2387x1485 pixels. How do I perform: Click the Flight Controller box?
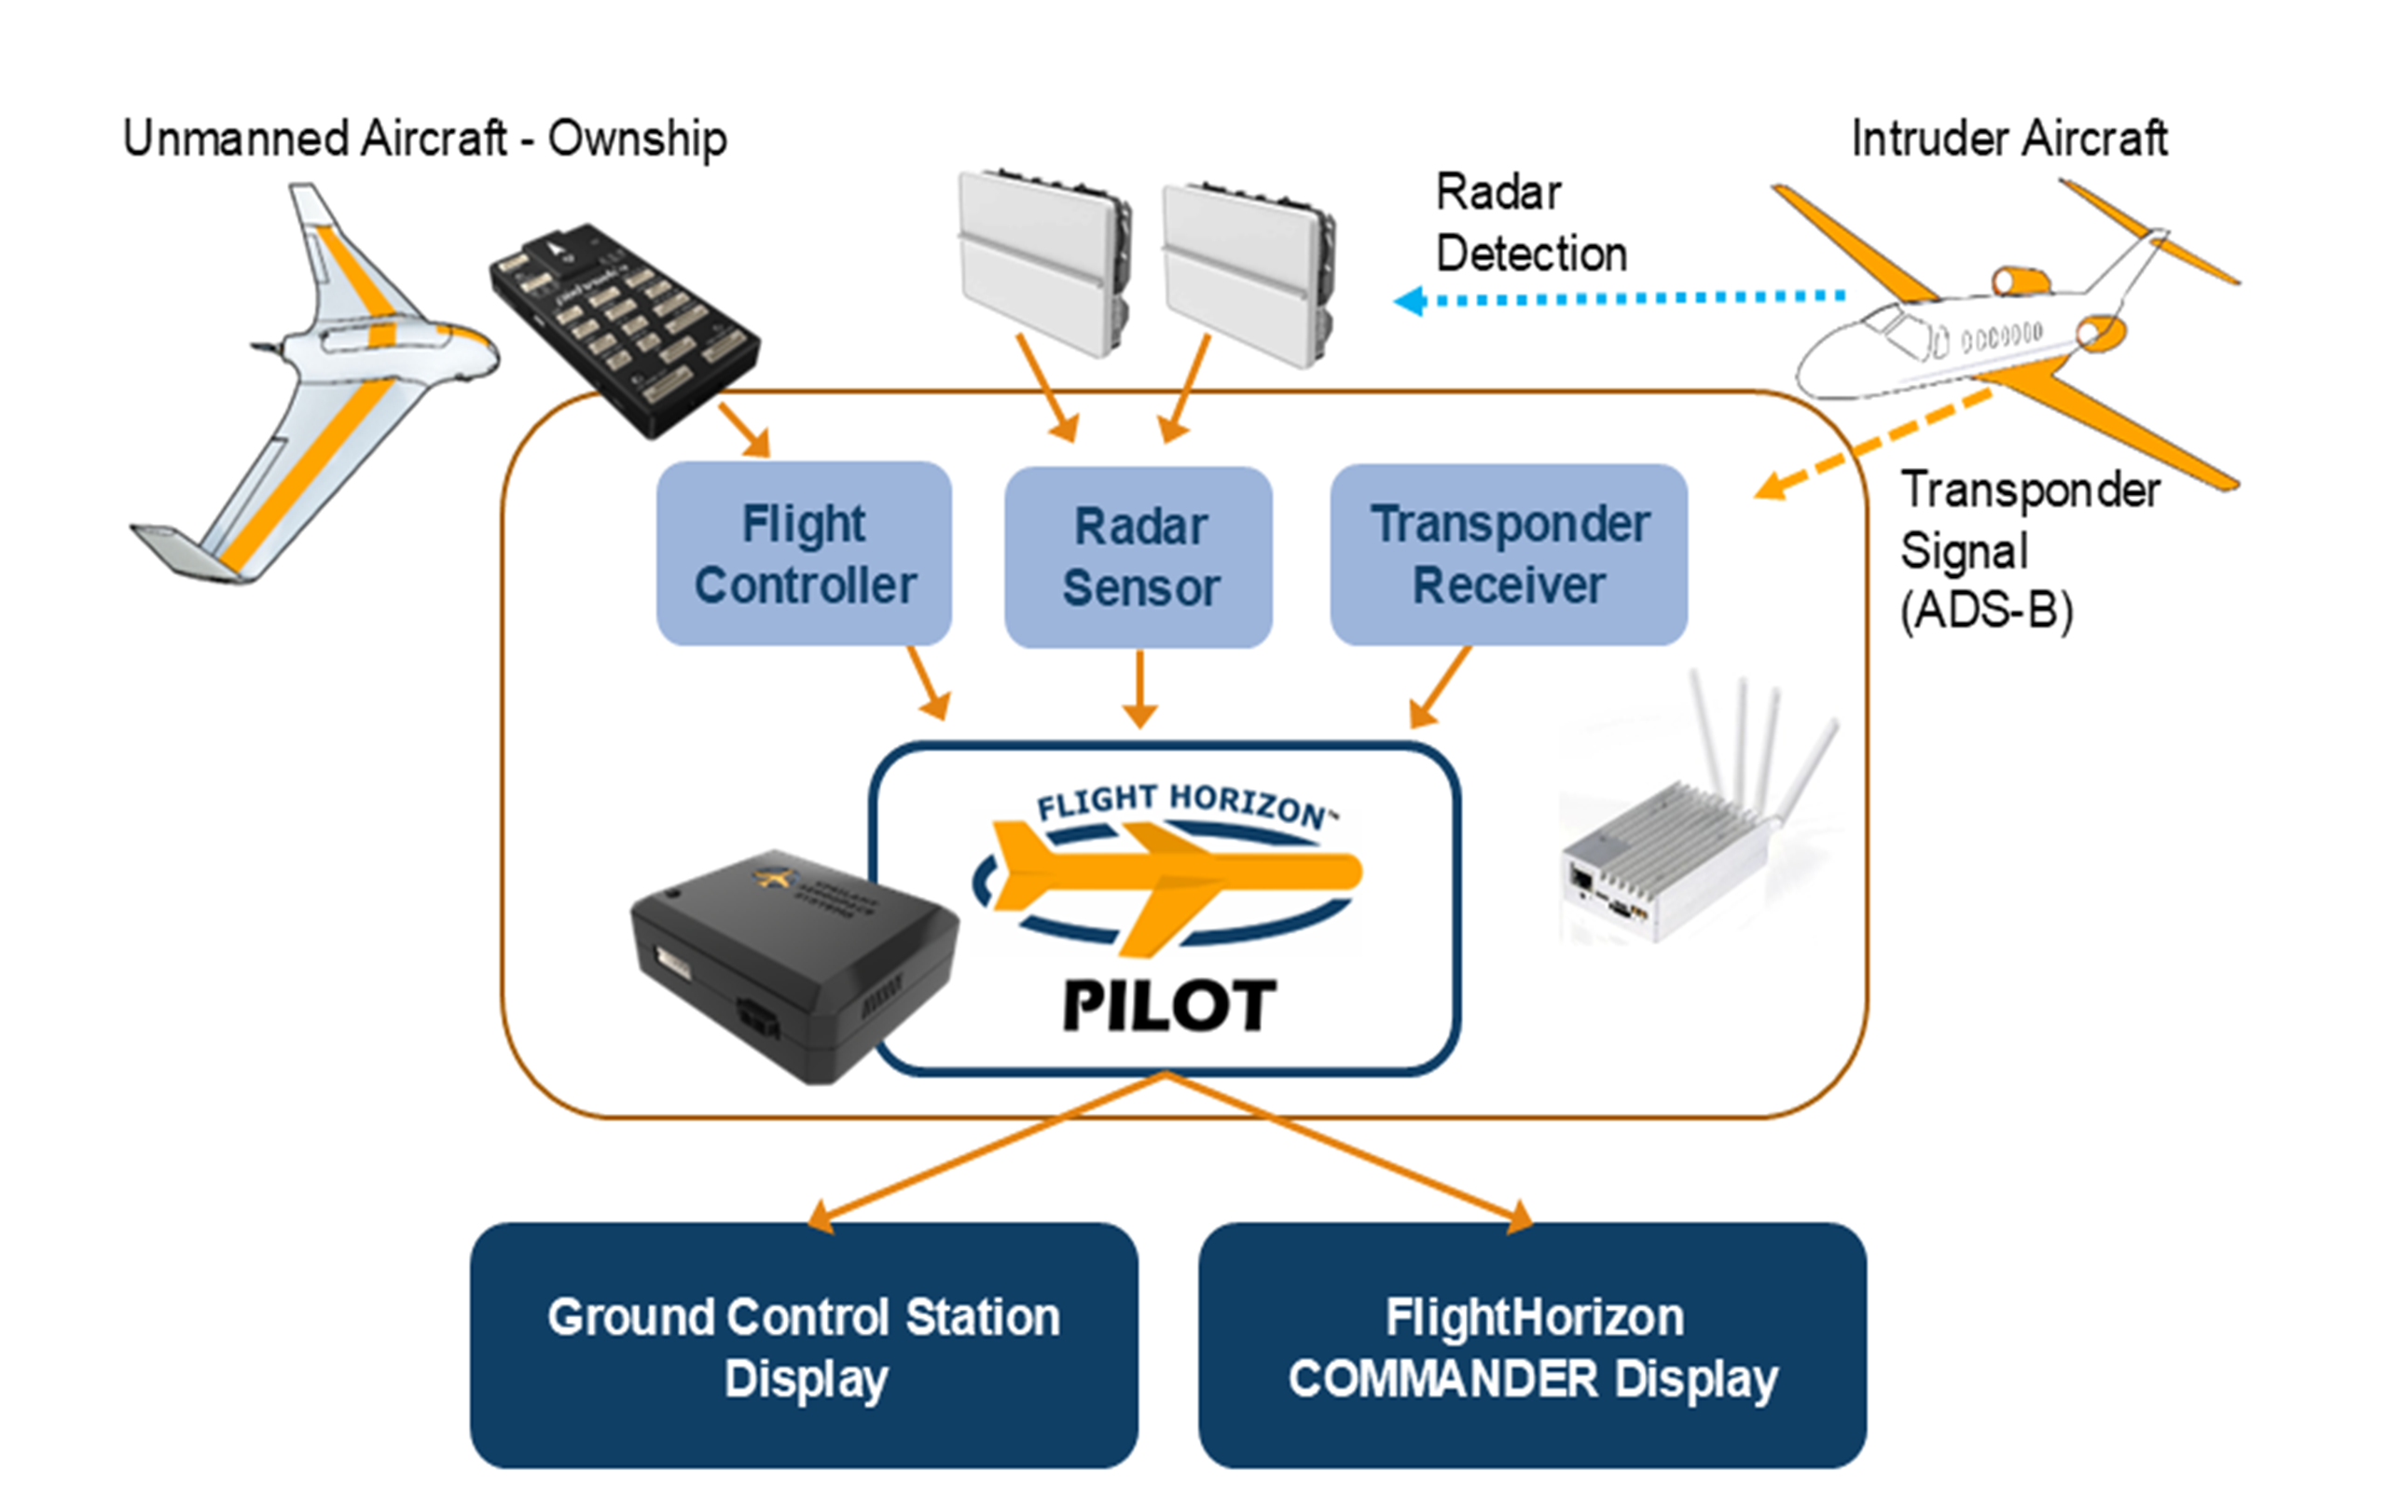pyautogui.click(x=804, y=553)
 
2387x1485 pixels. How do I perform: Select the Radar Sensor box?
pyautogui.click(x=1138, y=556)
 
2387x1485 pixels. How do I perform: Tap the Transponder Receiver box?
pyautogui.click(x=1509, y=554)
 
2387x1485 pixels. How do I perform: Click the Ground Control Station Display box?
pyautogui.click(x=804, y=1345)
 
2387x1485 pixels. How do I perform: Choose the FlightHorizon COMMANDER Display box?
pyautogui.click(x=1532, y=1345)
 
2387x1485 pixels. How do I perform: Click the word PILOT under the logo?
pyautogui.click(x=1169, y=1007)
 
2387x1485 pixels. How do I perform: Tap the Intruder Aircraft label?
pyautogui.click(x=2008, y=139)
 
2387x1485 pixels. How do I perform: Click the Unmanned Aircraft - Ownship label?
pyautogui.click(x=424, y=139)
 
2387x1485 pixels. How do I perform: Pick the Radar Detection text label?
pyautogui.click(x=1530, y=223)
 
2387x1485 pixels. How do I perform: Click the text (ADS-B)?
pyautogui.click(x=1986, y=611)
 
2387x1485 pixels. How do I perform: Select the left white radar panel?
pyautogui.click(x=1043, y=260)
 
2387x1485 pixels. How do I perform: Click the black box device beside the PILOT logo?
pyautogui.click(x=786, y=962)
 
